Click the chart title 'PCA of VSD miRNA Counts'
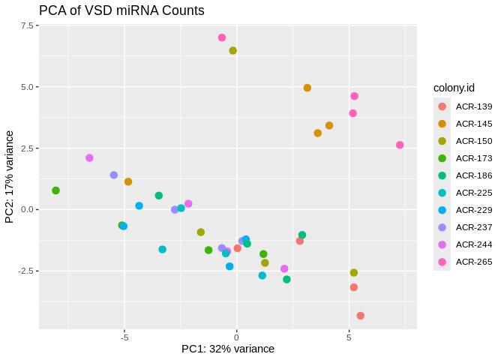coord(121,10)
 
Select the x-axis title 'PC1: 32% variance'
coord(228,349)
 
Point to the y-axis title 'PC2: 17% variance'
coord(10,177)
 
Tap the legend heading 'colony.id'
coord(454,88)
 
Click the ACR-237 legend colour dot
coord(442,227)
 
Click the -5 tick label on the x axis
coord(124,337)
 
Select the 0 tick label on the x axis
coord(237,337)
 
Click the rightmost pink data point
coord(400,145)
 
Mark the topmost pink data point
coord(222,37)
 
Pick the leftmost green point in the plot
coord(55,190)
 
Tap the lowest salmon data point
coord(361,316)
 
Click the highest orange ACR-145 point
coord(307,88)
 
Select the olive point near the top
coord(233,51)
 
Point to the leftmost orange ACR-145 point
coord(128,181)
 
